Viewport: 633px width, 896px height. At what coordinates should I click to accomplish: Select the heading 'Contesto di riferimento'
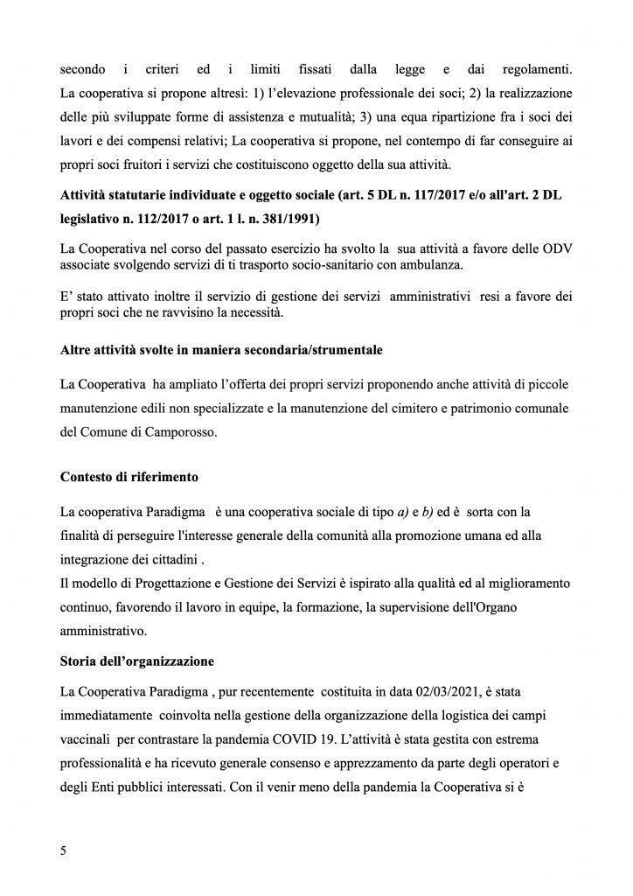(x=129, y=477)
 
